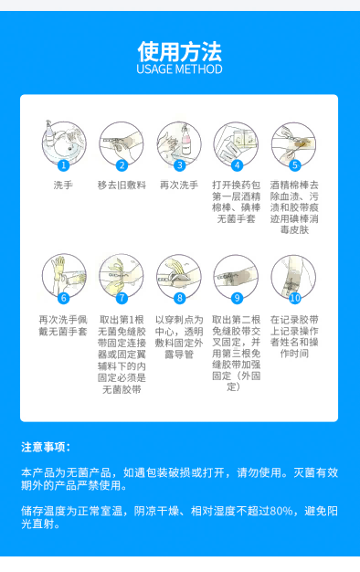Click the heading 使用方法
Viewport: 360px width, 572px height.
click(179, 49)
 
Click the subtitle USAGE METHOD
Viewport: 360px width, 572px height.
click(179, 69)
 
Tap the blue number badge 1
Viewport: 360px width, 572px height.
click(63, 165)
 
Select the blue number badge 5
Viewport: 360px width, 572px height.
click(295, 165)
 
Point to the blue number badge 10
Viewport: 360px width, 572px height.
click(295, 298)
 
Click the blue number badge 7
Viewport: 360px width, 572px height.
click(122, 298)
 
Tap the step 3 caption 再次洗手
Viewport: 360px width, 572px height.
click(179, 185)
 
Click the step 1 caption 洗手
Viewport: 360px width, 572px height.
click(63, 185)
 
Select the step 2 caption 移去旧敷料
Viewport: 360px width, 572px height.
click(121, 185)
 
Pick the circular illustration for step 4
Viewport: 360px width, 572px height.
click(237, 143)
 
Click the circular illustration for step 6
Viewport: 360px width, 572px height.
click(63, 276)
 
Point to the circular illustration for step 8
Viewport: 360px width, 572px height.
click(179, 276)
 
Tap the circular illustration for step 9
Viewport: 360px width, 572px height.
click(237, 276)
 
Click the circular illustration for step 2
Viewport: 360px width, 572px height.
click(121, 143)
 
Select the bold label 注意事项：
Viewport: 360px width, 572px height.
click(47, 447)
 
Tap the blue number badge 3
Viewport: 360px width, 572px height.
click(180, 165)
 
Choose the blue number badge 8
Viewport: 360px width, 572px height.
click(180, 298)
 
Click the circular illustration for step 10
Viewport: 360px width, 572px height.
click(294, 276)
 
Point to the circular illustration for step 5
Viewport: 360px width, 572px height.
click(294, 143)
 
